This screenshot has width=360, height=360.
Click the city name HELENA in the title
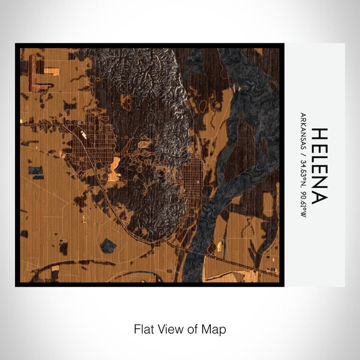pyautogui.click(x=319, y=165)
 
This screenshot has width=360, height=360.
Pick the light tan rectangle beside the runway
pyautogui.click(x=51, y=70)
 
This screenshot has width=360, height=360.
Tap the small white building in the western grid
pyautogui.click(x=83, y=135)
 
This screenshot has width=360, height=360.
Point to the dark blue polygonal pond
pyautogui.click(x=108, y=245)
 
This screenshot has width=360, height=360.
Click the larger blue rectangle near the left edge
pyautogui.click(x=36, y=170)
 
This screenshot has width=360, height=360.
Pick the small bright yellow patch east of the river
pyautogui.click(x=220, y=247)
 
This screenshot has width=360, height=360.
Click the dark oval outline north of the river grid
pyautogui.click(x=203, y=106)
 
